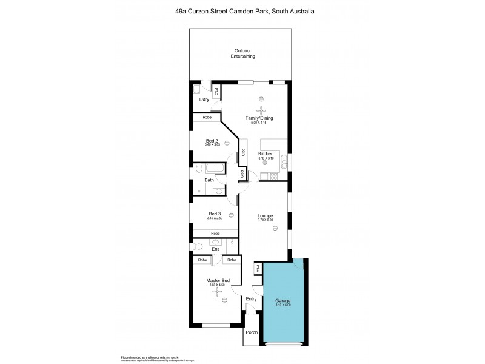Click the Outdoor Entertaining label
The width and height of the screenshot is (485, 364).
tap(242, 53)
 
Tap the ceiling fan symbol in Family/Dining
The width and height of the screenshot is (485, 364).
tap(261, 110)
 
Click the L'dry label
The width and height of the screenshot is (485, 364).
tap(205, 99)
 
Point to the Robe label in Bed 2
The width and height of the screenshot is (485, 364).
tap(207, 116)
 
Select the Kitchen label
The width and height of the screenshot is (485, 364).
tap(266, 154)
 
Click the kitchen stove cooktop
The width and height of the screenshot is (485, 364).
tap(272, 177)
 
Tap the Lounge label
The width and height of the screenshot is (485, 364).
tap(264, 215)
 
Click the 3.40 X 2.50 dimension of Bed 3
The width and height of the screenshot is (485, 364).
tap(215, 218)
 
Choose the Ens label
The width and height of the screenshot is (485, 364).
tap(215, 249)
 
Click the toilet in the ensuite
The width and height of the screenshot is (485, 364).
tap(199, 247)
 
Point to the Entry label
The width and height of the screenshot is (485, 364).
tap(251, 298)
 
